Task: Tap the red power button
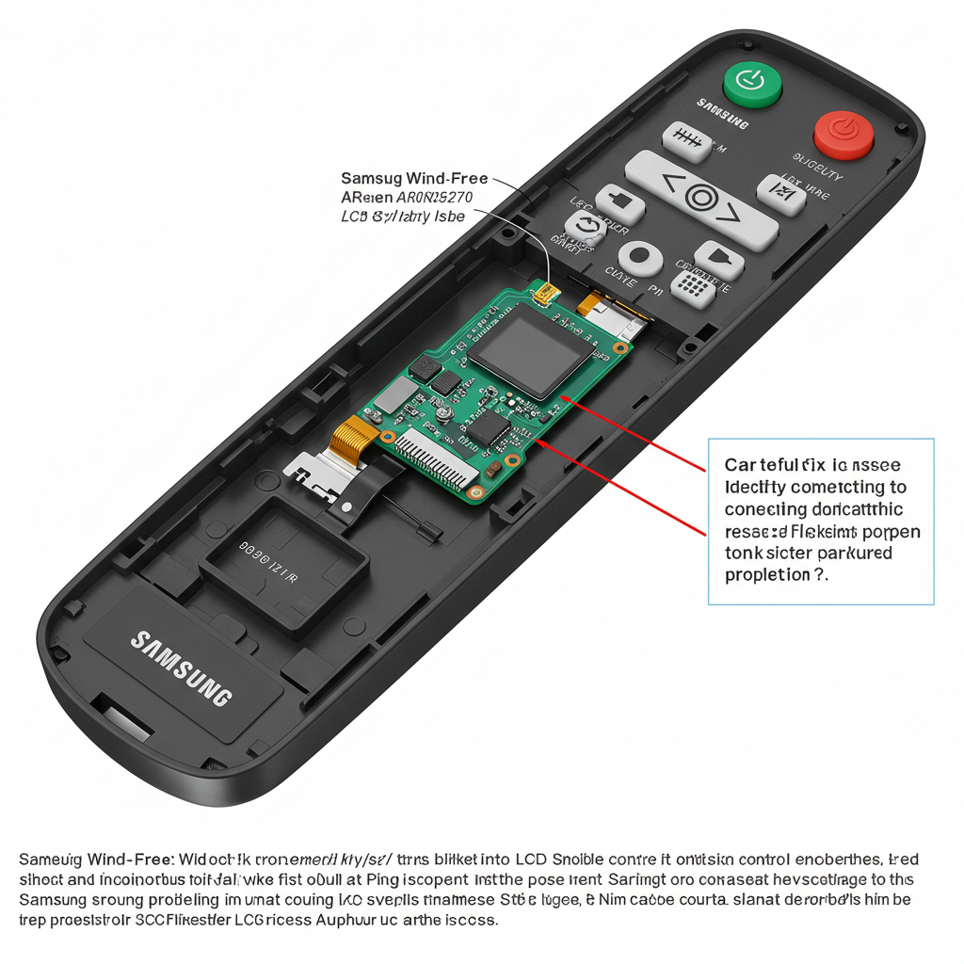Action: (843, 134)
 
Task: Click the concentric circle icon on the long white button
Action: (701, 198)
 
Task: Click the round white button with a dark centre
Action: (639, 255)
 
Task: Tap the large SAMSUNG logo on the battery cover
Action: (182, 667)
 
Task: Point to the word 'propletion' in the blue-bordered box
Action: (767, 574)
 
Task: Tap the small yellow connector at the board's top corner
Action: (544, 297)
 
